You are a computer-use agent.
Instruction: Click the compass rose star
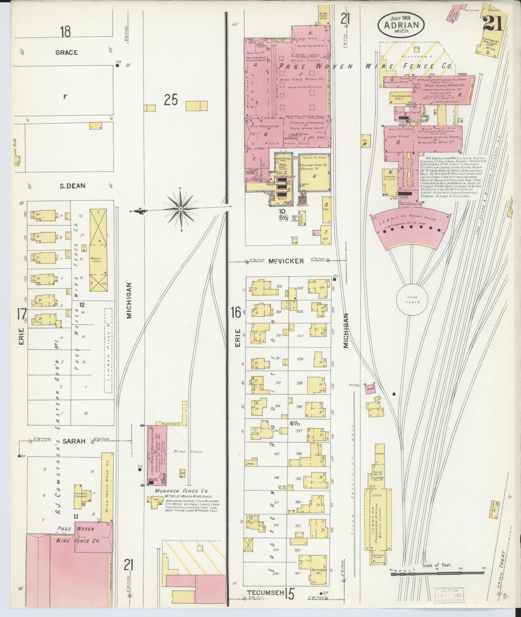click(180, 209)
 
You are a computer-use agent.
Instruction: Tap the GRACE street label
click(67, 53)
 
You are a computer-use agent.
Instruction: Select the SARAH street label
click(74, 441)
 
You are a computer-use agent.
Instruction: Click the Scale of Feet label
click(436, 565)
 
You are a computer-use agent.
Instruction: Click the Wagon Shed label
click(96, 259)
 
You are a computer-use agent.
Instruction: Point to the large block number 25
click(171, 100)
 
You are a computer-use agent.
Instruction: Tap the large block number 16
click(236, 312)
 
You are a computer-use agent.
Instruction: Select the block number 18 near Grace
click(65, 32)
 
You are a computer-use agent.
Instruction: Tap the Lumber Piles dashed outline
click(108, 351)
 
